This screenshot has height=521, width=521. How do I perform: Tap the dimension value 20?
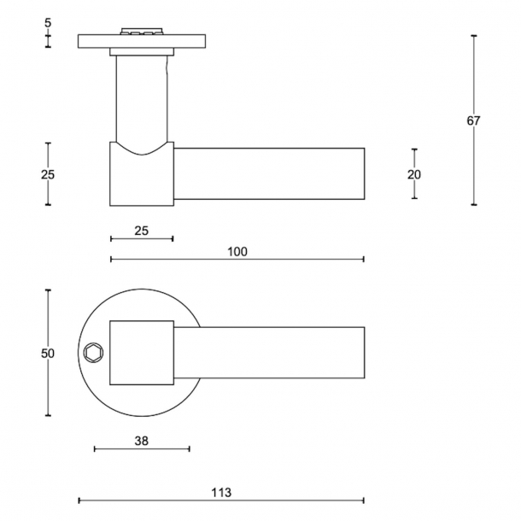pyautogui.click(x=414, y=174)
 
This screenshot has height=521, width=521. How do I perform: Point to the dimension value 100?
pyautogui.click(x=237, y=251)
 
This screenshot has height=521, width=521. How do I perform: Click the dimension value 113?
pyautogui.click(x=220, y=493)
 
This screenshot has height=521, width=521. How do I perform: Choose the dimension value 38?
pyautogui.click(x=141, y=442)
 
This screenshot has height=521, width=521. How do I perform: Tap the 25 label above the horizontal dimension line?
pyautogui.click(x=141, y=231)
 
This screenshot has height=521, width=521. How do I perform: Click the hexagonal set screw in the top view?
pyautogui.click(x=92, y=353)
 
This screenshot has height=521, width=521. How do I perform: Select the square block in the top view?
pyautogui.click(x=142, y=353)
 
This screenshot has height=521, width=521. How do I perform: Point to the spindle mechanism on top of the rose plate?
pyautogui.click(x=142, y=31)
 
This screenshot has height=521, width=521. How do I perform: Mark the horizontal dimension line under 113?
pyautogui.click(x=220, y=501)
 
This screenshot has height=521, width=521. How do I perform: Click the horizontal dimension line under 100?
pyautogui.click(x=237, y=259)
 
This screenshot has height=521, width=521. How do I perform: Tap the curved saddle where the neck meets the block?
pyautogui.click(x=142, y=150)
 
